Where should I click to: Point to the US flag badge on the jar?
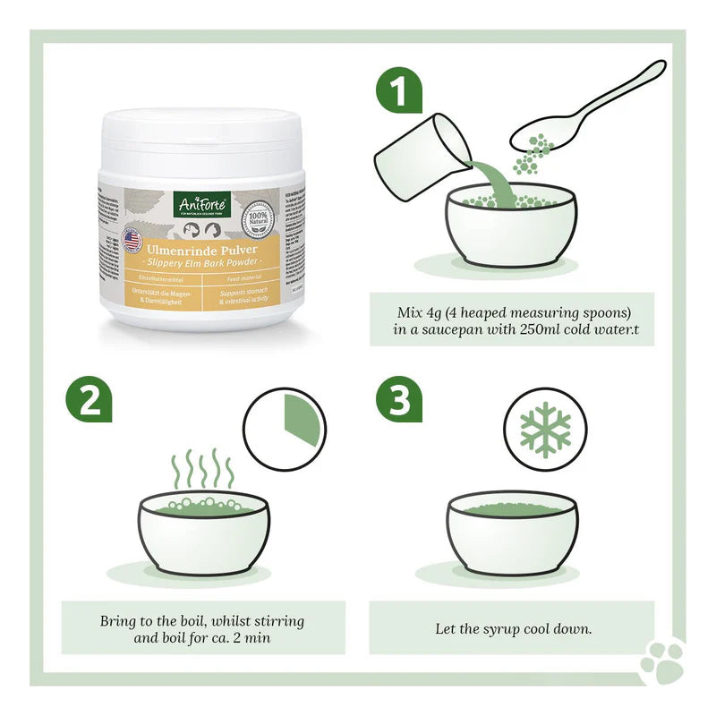(132, 240)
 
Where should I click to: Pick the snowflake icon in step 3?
(545, 429)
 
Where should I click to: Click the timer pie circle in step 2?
(285, 428)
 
